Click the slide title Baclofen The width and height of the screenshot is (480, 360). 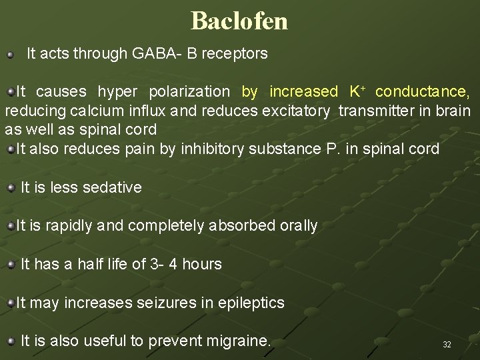pyautogui.click(x=239, y=21)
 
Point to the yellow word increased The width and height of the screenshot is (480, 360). pyautogui.click(x=304, y=91)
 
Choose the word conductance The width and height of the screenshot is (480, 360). pyautogui.click(x=422, y=91)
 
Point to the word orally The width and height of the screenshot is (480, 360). pyautogui.click(x=299, y=226)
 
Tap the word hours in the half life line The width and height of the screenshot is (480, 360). pyautogui.click(x=202, y=265)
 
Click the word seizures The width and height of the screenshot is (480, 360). pyautogui.click(x=170, y=303)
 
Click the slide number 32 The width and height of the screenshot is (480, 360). pyautogui.click(x=447, y=345)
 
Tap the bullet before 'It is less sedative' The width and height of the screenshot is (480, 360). pyautogui.click(x=11, y=188)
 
